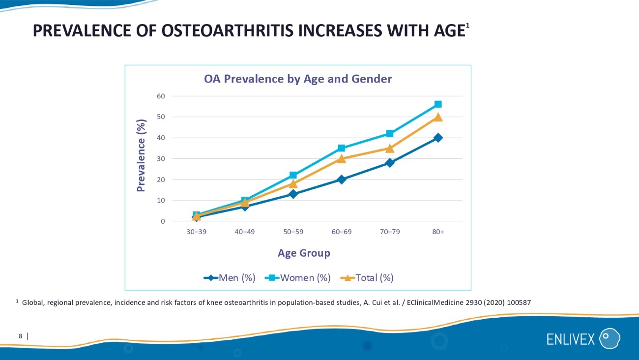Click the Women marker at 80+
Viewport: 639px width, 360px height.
[438, 104]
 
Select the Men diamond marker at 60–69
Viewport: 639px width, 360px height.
[341, 180]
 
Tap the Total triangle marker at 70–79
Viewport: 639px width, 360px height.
[390, 148]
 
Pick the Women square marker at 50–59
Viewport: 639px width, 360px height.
[293, 175]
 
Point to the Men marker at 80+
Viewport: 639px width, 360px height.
[438, 138]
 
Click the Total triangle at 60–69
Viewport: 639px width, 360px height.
[341, 158]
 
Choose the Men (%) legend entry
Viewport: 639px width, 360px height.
[230, 278]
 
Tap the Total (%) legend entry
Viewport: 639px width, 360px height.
[368, 278]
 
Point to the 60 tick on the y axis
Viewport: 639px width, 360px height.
[161, 96]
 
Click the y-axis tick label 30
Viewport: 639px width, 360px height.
[161, 159]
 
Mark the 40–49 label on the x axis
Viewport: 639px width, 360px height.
[244, 232]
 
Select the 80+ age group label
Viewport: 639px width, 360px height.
[438, 232]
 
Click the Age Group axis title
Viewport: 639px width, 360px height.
[304, 253]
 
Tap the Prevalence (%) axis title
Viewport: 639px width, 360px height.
[142, 155]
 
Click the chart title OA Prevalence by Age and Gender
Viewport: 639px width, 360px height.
[298, 79]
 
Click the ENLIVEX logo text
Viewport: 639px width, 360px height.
[571, 339]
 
